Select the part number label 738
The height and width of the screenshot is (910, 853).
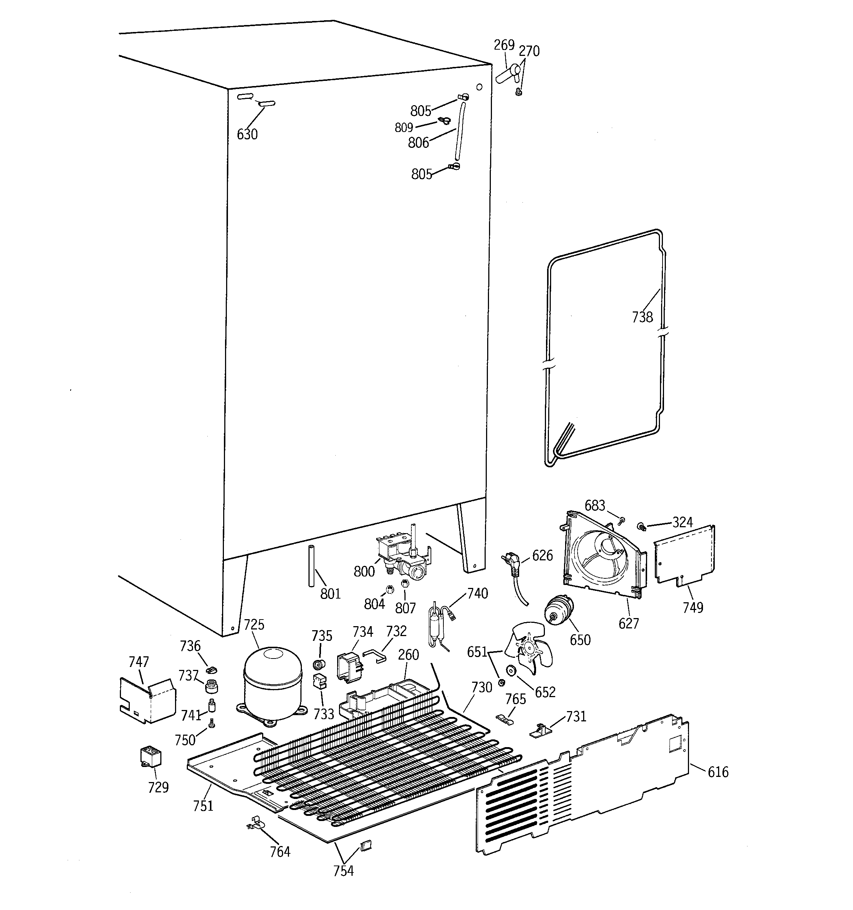click(x=642, y=317)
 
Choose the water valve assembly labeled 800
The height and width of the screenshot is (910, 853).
click(x=403, y=556)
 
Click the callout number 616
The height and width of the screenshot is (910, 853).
click(x=717, y=772)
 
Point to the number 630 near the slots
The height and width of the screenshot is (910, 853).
click(x=247, y=134)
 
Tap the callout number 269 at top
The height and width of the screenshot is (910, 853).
click(x=504, y=45)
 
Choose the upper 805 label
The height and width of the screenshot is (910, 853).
click(x=420, y=111)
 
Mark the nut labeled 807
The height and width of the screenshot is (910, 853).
click(x=405, y=584)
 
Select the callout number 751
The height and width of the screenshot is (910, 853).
click(x=203, y=805)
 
